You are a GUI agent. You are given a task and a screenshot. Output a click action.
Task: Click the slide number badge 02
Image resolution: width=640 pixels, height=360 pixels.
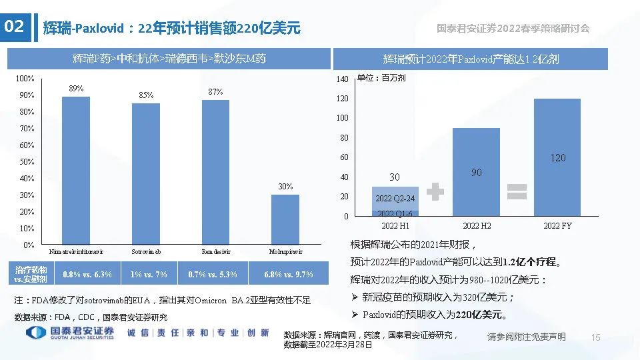[x=15, y=27]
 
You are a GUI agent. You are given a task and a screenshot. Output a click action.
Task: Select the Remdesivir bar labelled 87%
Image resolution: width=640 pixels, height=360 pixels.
[x=215, y=173]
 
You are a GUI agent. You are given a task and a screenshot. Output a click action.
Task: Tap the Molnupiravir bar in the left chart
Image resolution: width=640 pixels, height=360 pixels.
[x=285, y=220]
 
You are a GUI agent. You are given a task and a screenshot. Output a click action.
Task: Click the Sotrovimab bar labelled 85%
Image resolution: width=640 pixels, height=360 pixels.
[x=146, y=175]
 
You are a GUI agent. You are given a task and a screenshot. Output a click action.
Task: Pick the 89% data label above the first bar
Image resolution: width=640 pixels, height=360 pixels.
[x=76, y=89]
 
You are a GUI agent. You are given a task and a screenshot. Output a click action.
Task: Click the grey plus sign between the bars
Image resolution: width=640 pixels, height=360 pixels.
[x=435, y=192]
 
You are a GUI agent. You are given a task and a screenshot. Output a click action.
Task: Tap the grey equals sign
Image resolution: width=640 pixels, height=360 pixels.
[x=517, y=191]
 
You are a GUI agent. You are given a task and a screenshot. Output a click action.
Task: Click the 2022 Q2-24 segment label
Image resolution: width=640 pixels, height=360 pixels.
[x=395, y=199]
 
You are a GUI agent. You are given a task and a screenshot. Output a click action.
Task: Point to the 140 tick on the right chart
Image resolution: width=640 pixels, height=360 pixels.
[x=342, y=79]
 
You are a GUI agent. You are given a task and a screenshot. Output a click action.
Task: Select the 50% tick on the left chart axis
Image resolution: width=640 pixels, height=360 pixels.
[x=27, y=162]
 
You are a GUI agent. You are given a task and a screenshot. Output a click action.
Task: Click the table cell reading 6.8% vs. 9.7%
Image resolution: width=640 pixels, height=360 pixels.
[x=288, y=275]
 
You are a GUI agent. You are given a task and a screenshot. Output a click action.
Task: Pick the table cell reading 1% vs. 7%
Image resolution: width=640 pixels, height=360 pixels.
[x=149, y=275]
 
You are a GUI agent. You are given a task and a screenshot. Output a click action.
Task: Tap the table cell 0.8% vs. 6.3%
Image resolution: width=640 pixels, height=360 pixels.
[x=87, y=275]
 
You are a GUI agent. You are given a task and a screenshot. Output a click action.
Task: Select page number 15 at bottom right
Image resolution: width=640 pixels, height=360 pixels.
[x=596, y=337]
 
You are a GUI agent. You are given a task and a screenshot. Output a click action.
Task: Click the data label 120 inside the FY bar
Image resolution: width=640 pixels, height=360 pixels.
[x=558, y=158]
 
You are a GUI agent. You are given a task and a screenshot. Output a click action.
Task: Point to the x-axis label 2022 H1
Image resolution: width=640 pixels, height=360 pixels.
[x=395, y=226]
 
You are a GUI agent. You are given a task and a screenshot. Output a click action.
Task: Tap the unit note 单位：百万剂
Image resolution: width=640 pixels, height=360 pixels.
[x=381, y=78]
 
